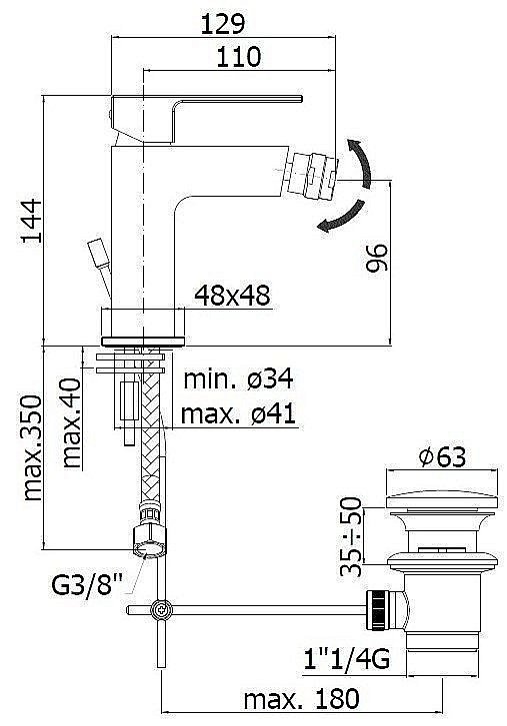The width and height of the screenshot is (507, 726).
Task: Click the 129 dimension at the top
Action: [222, 24]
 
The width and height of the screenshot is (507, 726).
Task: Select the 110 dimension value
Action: [239, 57]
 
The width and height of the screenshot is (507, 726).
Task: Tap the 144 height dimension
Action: [31, 221]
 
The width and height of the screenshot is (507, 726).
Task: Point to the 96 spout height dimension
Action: [376, 258]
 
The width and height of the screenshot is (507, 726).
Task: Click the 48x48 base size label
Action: [232, 295]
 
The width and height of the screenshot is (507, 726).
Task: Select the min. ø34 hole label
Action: [239, 379]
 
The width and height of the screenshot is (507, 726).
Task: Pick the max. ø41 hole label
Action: [238, 413]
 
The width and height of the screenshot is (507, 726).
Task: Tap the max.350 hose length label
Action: [32, 448]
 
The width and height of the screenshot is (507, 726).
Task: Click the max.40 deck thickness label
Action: [71, 422]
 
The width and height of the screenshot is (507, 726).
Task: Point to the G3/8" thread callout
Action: [87, 585]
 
